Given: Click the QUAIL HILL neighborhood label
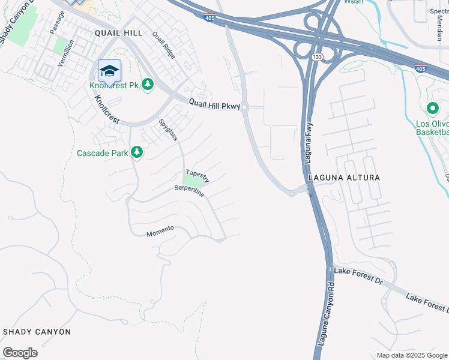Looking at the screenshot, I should pyautogui.click(x=118, y=34).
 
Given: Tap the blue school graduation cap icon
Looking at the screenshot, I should pyautogui.click(x=109, y=72).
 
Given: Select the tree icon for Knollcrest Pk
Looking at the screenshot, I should pyautogui.click(x=148, y=86).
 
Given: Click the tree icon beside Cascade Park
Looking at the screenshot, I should pyautogui.click(x=137, y=153).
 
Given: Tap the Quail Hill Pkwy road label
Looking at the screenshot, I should pyautogui.click(x=214, y=104).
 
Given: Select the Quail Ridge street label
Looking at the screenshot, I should pyautogui.click(x=164, y=45).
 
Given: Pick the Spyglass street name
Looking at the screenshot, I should pyautogui.click(x=167, y=130).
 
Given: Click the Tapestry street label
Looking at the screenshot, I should pyautogui.click(x=197, y=175).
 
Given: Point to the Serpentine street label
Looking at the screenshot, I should pyautogui.click(x=189, y=191).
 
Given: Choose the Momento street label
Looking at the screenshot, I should pyautogui.click(x=160, y=230).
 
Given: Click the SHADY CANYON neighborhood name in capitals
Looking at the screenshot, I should pyautogui.click(x=37, y=332).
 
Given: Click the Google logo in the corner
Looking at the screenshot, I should pyautogui.click(x=20, y=353).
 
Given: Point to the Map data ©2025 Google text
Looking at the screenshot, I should pyautogui.click(x=412, y=355).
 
